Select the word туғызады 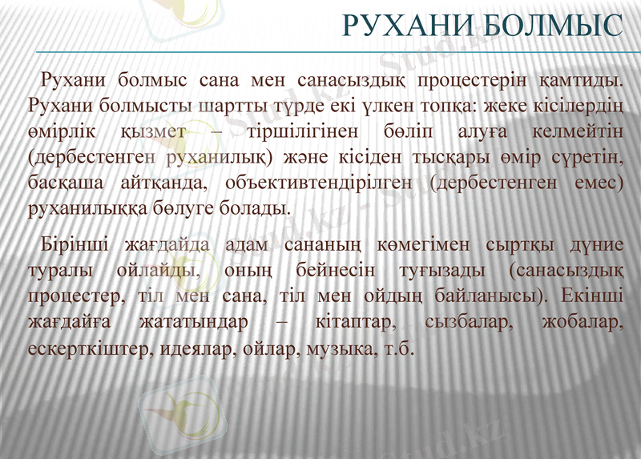pyautogui.click(x=433, y=270)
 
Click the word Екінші pyautogui.click(x=591, y=296)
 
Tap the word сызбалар pyautogui.click(x=469, y=323)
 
